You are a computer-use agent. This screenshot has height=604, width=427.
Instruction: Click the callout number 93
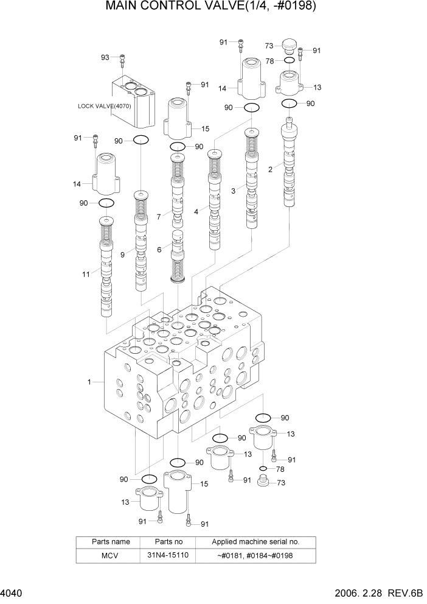(105, 57)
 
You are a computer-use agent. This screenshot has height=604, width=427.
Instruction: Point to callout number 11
(86, 274)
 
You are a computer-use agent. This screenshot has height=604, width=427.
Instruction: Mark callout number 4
(196, 212)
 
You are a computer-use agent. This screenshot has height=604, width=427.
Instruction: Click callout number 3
(233, 191)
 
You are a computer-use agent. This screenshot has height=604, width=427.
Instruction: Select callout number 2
(270, 169)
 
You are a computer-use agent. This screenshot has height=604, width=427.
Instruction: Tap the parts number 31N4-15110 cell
(167, 555)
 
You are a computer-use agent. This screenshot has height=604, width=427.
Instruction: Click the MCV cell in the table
(107, 555)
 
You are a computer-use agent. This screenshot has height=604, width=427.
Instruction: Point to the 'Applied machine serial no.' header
(255, 541)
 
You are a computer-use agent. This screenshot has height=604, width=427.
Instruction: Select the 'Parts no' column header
(167, 541)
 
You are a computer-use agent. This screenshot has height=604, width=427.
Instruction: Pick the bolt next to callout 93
(123, 60)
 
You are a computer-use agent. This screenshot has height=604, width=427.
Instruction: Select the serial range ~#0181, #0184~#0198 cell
(255, 555)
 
